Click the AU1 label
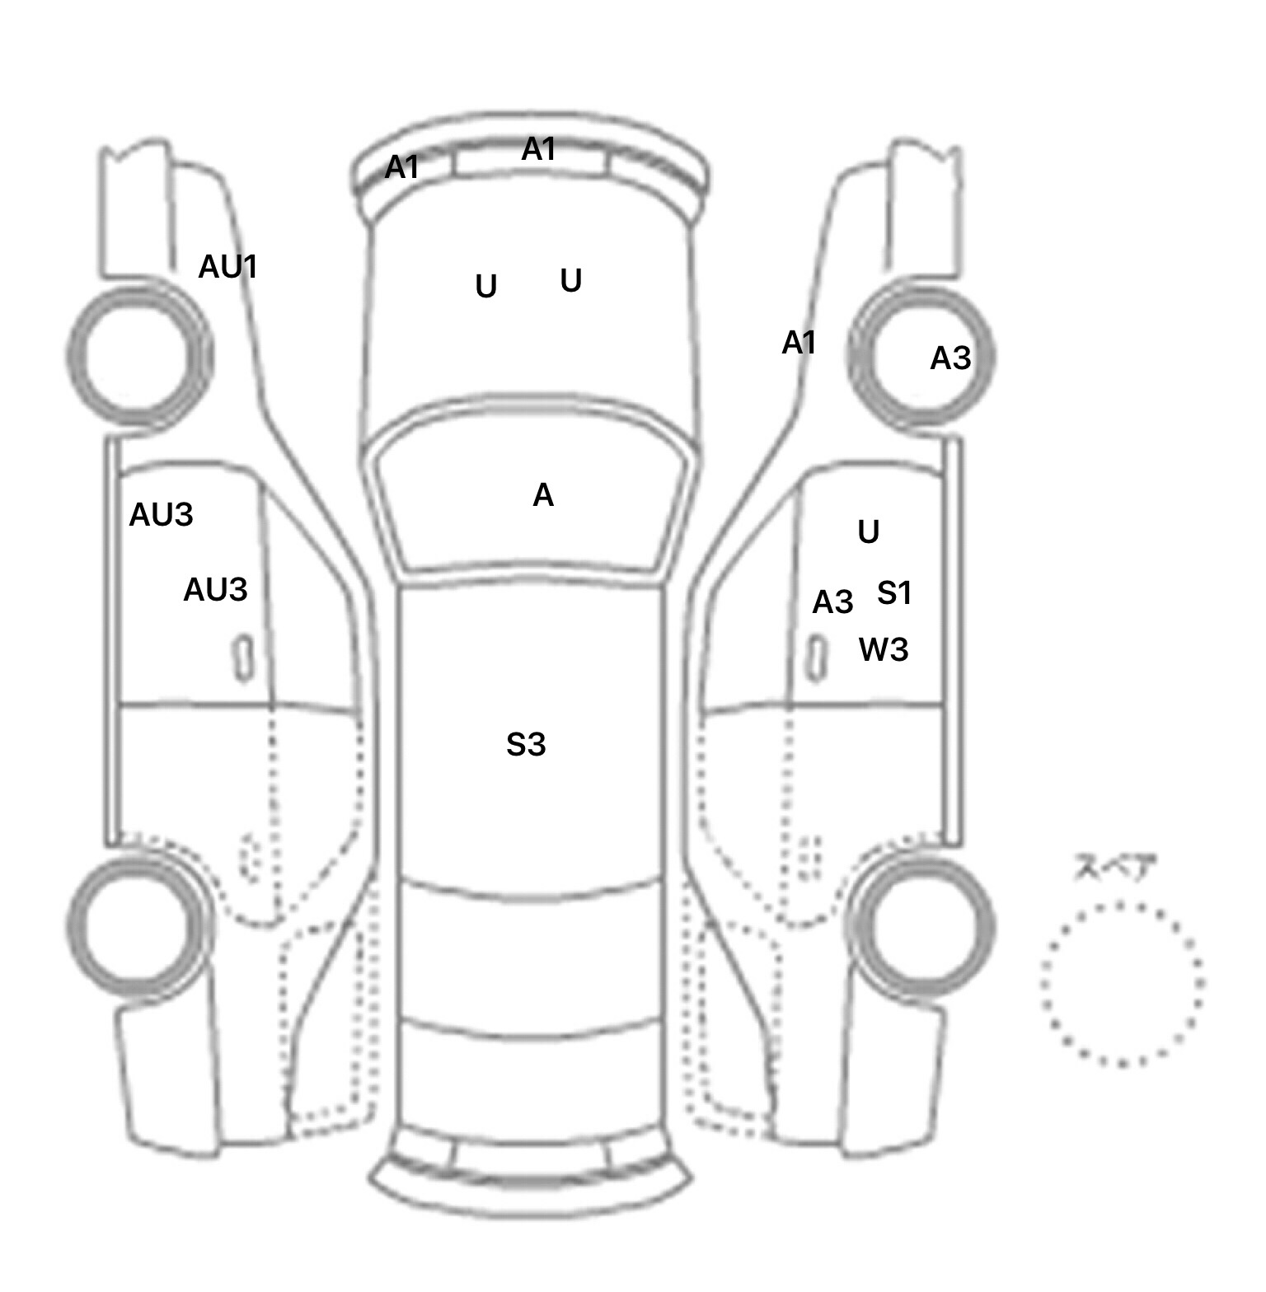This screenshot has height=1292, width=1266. pos(228,267)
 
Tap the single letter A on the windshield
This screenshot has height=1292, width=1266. pos(543,495)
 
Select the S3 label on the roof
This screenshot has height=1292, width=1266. pos(526,745)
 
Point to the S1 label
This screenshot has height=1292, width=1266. pos(894,593)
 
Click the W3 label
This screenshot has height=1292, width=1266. pos(884,650)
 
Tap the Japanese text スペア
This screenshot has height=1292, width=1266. pos(1114,868)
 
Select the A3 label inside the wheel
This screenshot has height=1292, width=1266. pos(950,358)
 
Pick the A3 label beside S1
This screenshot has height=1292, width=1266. pos(832,603)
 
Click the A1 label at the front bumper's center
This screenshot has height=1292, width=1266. pos(539,150)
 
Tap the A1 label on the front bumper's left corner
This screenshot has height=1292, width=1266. pos(402,168)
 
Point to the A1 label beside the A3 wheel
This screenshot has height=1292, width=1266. pos(799,343)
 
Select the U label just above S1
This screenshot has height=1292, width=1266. pos(869,532)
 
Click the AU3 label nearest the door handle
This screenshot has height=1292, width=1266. pos(215,590)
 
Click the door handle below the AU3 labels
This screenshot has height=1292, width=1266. pos(242,658)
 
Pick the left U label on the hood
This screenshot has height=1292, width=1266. pos(486,287)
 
